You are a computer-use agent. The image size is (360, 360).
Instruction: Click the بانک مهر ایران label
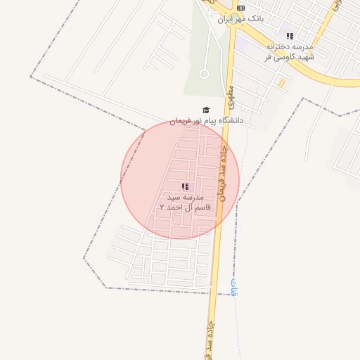[x=240, y=19]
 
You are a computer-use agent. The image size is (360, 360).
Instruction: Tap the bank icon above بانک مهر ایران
[x=241, y=8]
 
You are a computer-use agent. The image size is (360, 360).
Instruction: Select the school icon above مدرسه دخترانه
[x=290, y=36]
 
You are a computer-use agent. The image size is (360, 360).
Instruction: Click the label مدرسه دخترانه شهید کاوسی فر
[x=290, y=51]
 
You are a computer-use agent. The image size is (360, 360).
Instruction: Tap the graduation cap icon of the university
[x=206, y=110]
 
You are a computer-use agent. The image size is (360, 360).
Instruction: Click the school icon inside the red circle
[x=185, y=186]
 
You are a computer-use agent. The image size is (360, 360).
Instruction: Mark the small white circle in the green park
[x=204, y=73]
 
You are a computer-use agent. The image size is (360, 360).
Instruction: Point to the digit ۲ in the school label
[x=162, y=207]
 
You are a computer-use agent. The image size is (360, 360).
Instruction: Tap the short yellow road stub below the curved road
[x=282, y=82]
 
